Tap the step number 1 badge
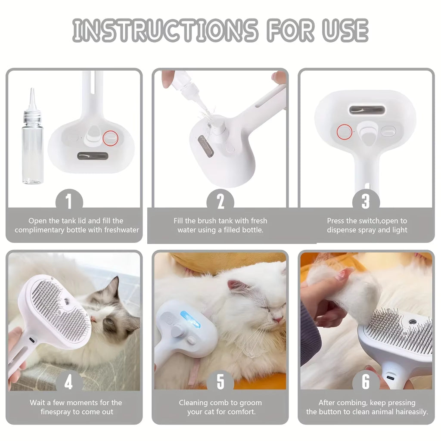(69, 201)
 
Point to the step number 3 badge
(366, 201)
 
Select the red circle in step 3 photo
(344, 131)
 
